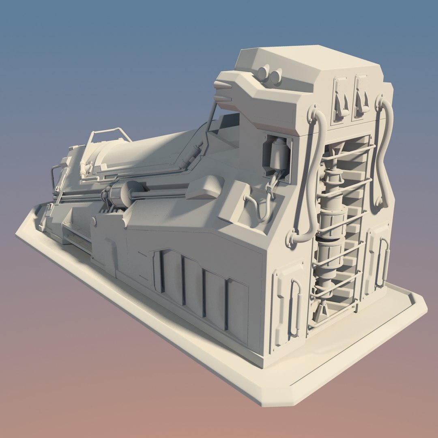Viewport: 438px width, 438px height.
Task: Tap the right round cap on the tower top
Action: pos(276,76)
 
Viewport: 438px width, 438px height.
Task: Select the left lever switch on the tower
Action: pos(340,99)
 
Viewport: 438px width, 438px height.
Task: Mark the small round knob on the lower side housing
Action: pos(94,221)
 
